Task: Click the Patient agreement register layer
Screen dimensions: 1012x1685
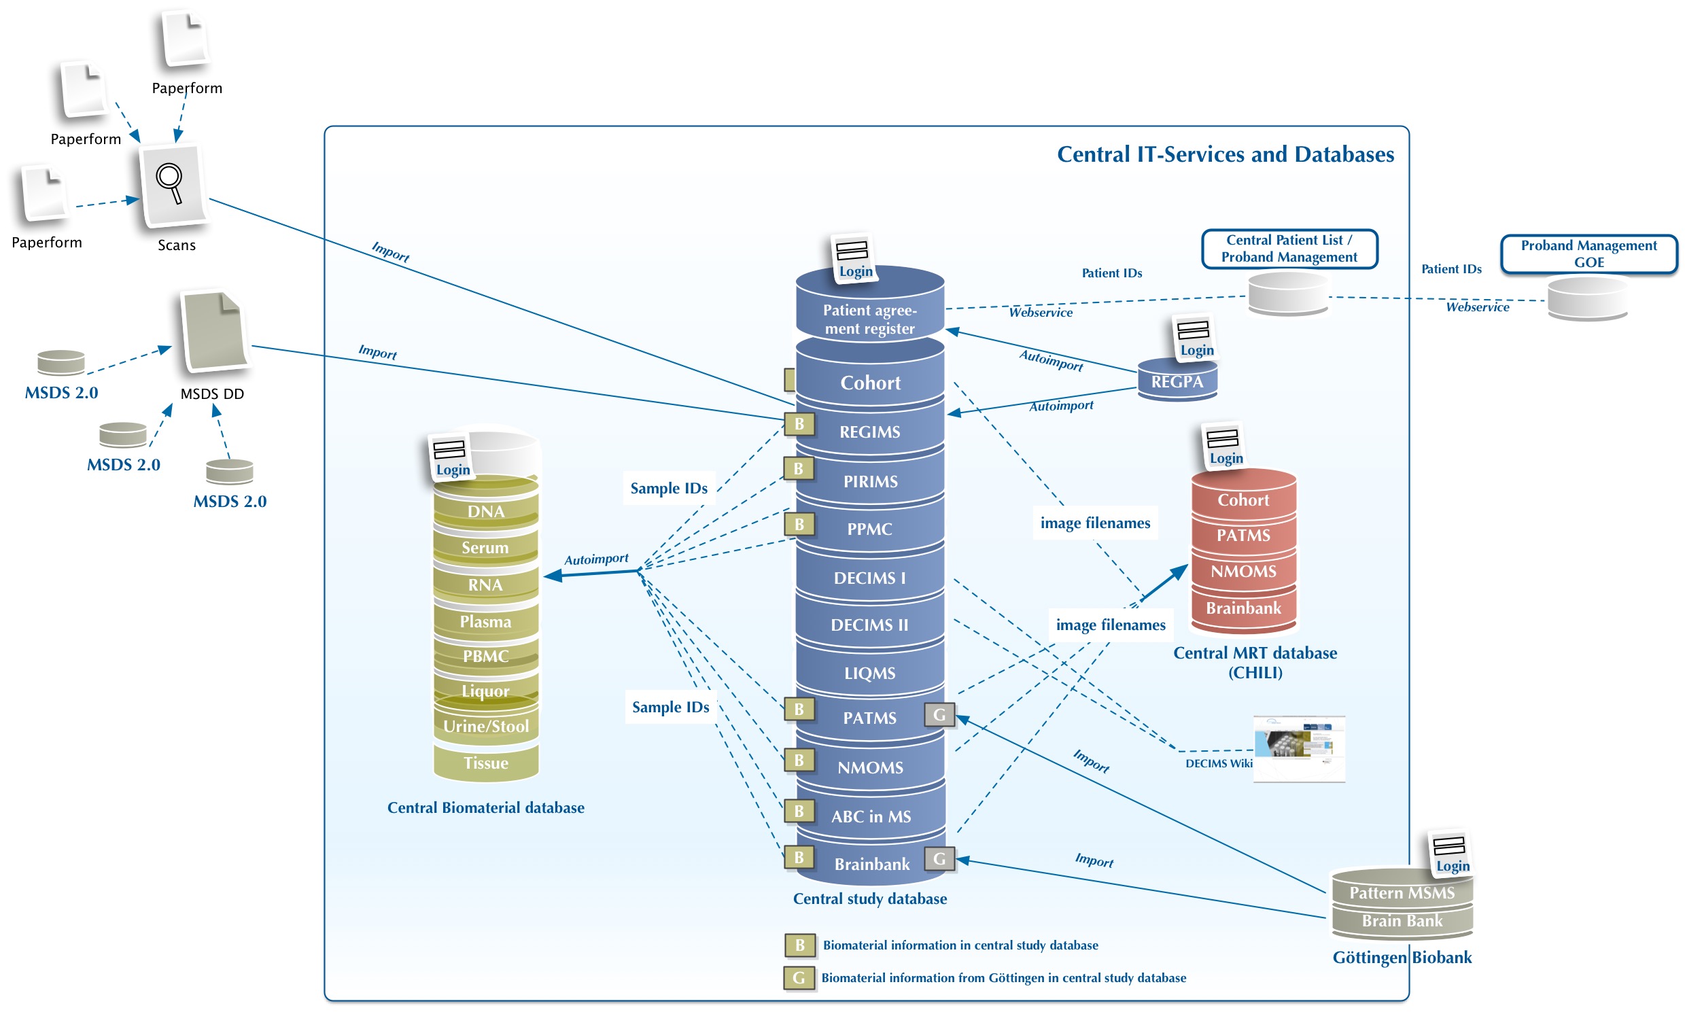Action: coord(869,319)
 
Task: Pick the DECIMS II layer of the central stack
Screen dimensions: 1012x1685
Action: coord(869,625)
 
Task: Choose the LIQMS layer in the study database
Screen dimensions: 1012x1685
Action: coord(869,673)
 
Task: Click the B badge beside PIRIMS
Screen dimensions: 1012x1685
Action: coord(799,469)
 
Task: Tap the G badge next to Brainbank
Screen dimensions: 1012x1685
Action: coord(939,858)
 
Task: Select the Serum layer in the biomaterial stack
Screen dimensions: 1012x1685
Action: coord(485,548)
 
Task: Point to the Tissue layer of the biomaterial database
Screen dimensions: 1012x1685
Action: coord(485,763)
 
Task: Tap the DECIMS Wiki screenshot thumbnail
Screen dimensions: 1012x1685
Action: coord(1298,748)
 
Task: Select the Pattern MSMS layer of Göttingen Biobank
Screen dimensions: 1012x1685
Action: coord(1402,892)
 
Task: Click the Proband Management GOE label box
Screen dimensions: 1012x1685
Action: coord(1588,254)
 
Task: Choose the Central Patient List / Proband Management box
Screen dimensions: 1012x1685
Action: coord(1289,249)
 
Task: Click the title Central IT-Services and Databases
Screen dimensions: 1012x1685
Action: coord(1225,155)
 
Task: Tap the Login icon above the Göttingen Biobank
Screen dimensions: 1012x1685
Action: coord(1451,853)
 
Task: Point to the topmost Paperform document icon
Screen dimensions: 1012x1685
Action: coord(185,39)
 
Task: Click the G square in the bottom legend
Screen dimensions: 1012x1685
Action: coord(799,978)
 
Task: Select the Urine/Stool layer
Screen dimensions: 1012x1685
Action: coord(485,727)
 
